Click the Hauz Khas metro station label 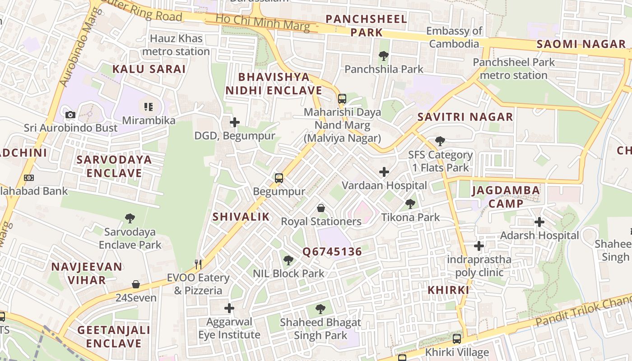click(176, 45)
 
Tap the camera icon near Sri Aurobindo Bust click(70, 115)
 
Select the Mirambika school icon click(149, 107)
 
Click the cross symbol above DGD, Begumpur click(234, 122)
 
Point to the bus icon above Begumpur click(279, 178)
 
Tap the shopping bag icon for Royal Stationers click(321, 208)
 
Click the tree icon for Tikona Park click(410, 204)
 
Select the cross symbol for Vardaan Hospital click(384, 172)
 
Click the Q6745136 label click(332, 252)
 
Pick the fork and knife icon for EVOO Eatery click(198, 264)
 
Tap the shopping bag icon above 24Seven click(136, 284)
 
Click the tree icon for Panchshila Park click(384, 56)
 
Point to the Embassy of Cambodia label click(454, 37)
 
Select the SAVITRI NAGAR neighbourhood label click(465, 117)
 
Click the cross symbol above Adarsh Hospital click(539, 222)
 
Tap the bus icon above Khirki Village click(457, 339)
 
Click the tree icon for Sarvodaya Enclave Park click(130, 219)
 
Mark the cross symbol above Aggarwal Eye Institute click(229, 308)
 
